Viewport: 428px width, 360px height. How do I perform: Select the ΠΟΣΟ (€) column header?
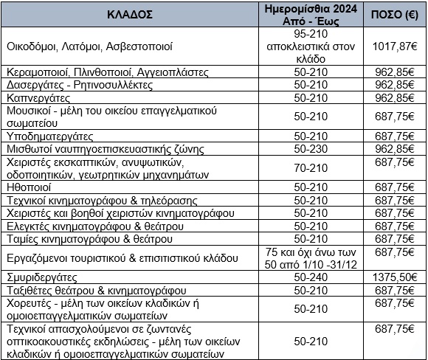(395, 14)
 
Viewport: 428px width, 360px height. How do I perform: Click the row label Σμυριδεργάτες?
(44, 279)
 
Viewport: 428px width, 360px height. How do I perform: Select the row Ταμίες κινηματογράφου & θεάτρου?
(89, 238)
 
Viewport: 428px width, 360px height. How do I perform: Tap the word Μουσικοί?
(28, 110)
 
